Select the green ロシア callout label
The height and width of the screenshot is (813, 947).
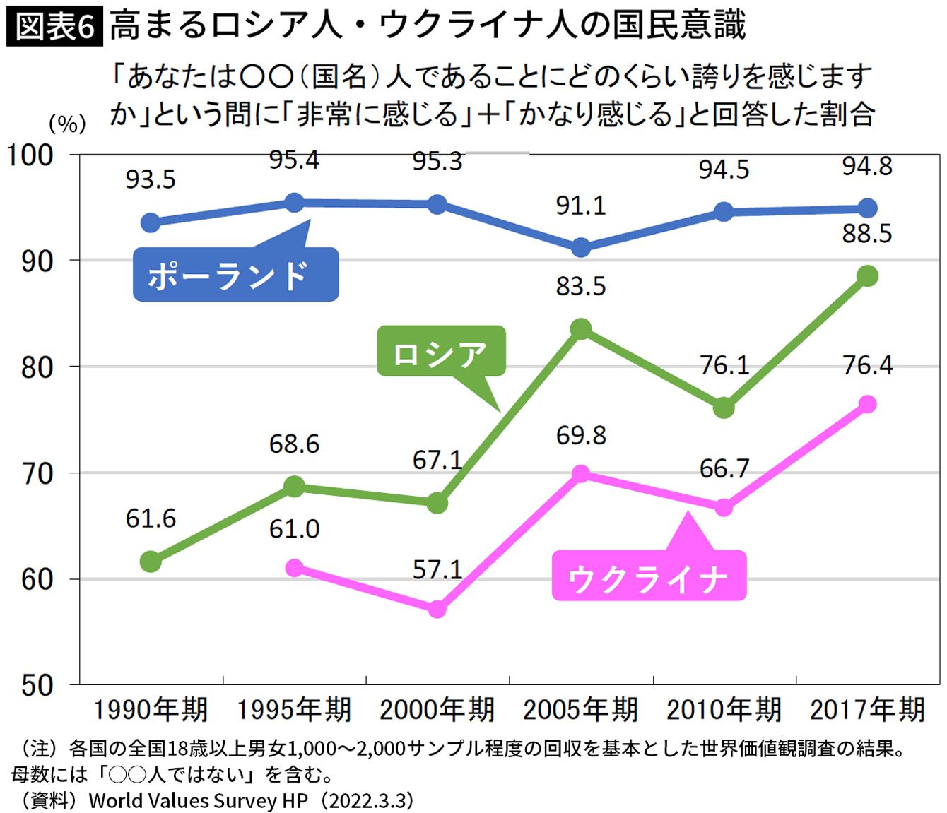point(440,351)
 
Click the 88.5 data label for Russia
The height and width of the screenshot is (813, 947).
point(867,233)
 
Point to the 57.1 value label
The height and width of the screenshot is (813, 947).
point(437,569)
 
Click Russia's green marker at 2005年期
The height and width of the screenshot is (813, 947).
point(581,329)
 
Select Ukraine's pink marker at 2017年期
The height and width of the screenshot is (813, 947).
point(867,404)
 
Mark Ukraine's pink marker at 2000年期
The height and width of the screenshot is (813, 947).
point(437,609)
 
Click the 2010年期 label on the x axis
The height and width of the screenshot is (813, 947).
point(724,709)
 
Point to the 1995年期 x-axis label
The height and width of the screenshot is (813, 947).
point(294,709)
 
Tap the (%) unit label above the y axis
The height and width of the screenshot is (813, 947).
point(66,124)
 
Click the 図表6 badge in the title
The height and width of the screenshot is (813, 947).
point(54,27)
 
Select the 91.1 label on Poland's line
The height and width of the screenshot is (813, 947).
point(581,205)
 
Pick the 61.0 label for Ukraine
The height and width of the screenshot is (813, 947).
point(294,528)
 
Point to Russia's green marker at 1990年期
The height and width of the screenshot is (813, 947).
point(151,562)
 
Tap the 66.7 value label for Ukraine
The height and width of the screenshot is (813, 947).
point(724,468)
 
